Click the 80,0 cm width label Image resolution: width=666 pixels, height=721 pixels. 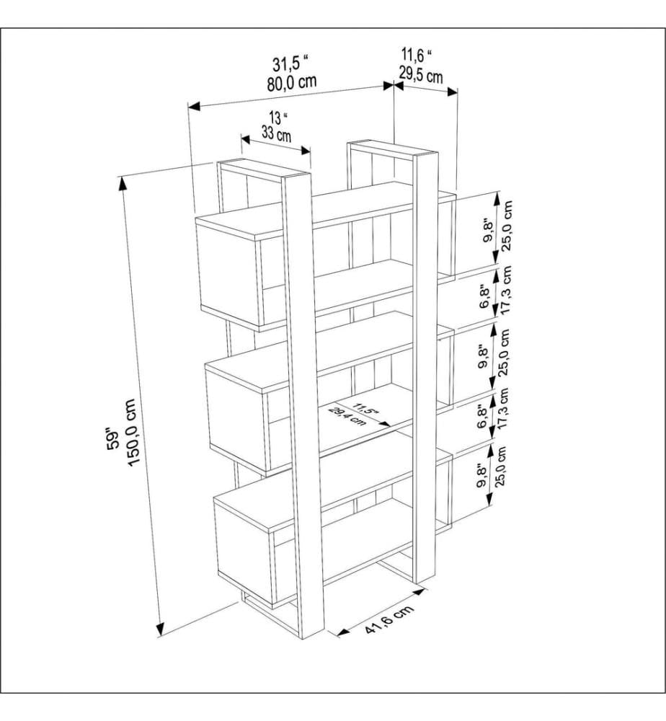click(x=291, y=83)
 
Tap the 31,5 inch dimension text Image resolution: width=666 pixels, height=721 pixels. click(x=290, y=63)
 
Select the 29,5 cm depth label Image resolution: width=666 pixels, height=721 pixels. click(x=420, y=74)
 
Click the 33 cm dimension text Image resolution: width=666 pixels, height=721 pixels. click(x=277, y=133)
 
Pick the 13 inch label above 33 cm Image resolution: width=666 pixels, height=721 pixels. click(x=278, y=118)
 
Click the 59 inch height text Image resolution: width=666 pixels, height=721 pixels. click(x=112, y=438)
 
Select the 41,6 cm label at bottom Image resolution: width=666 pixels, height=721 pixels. click(x=390, y=619)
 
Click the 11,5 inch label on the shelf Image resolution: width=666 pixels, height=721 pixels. click(x=366, y=410)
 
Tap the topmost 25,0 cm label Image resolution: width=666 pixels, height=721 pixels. click(x=507, y=225)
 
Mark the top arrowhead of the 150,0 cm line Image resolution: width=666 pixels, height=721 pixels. click(x=123, y=183)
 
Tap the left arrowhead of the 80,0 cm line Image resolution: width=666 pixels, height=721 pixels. click(x=194, y=106)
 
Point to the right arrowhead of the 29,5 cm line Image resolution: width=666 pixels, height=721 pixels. click(x=453, y=92)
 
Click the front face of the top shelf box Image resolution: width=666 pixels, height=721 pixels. click(x=229, y=271)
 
